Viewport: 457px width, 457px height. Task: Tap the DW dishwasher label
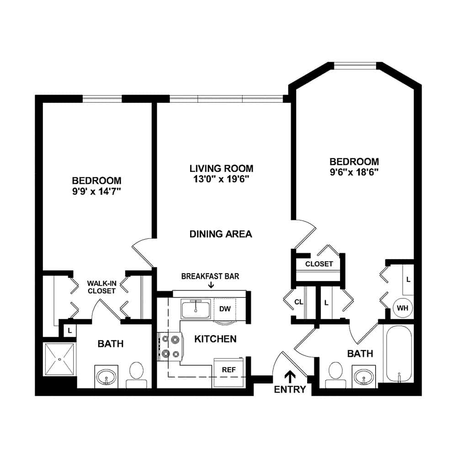[x=225, y=309]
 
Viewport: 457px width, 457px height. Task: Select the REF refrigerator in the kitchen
[x=229, y=372]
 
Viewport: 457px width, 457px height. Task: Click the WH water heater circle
[x=403, y=308]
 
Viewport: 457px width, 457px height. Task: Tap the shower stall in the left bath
[x=59, y=359]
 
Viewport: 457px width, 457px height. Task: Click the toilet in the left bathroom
[x=136, y=375]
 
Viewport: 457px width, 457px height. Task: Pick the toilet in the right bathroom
[x=335, y=375]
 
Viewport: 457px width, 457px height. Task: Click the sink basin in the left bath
[x=106, y=377]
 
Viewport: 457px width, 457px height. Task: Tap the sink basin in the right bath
[x=364, y=377]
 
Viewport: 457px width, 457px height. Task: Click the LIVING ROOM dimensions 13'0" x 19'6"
[x=221, y=179]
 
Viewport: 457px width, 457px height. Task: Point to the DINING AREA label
[x=221, y=234]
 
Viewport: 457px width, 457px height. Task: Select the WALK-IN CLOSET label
[x=101, y=287]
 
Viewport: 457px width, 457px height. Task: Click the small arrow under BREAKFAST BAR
[x=211, y=285]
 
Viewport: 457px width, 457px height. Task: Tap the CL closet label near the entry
[x=299, y=302]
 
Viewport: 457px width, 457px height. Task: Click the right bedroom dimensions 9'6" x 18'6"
[x=354, y=172]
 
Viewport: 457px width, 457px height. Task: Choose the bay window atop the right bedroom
[x=355, y=66]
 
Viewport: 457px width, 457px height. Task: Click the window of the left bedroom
[x=102, y=99]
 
